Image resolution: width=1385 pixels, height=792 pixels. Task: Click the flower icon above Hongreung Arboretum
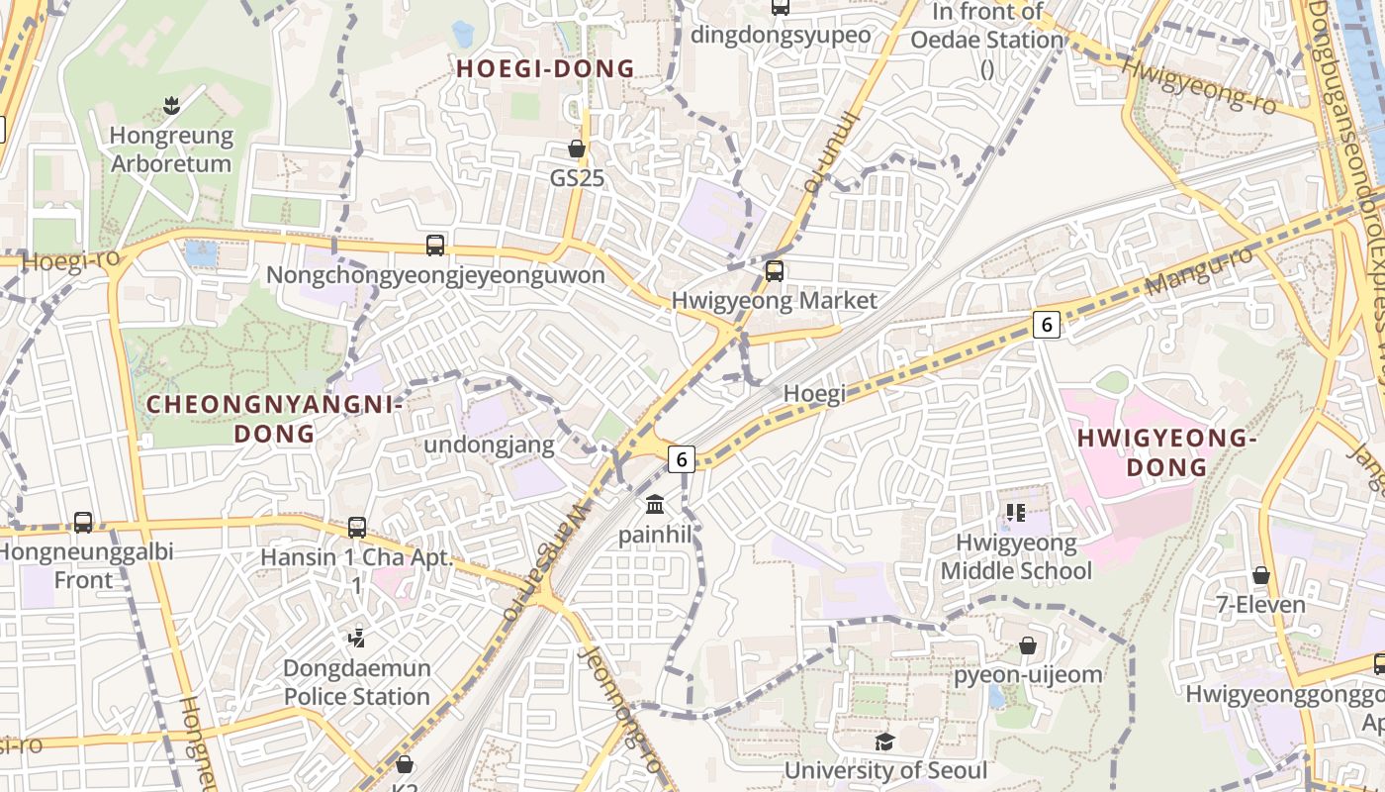click(x=171, y=105)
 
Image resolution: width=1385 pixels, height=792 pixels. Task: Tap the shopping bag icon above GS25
click(x=577, y=148)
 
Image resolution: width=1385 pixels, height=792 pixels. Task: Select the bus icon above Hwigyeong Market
click(x=775, y=270)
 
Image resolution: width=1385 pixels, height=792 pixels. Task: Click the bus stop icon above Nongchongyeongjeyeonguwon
click(x=434, y=245)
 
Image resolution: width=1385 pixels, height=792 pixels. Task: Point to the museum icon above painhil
click(x=654, y=505)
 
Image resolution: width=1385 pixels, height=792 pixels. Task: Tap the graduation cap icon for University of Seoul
click(x=884, y=742)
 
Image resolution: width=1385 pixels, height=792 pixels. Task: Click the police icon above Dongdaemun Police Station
click(x=357, y=639)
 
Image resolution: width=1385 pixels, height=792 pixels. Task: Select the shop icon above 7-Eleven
click(x=1260, y=575)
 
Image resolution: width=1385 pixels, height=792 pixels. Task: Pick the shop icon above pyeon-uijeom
click(x=1028, y=645)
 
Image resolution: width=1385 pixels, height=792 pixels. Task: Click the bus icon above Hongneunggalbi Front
click(x=83, y=522)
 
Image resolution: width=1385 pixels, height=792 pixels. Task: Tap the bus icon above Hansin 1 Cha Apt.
click(x=357, y=528)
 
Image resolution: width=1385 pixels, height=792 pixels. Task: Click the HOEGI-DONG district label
click(x=545, y=68)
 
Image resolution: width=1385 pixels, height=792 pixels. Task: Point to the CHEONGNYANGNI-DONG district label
click(x=274, y=419)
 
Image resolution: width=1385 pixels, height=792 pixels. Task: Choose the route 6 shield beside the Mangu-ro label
click(x=1047, y=324)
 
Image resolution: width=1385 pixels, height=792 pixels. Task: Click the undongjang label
click(x=489, y=445)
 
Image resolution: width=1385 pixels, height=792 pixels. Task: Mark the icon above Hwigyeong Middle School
click(x=1015, y=513)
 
